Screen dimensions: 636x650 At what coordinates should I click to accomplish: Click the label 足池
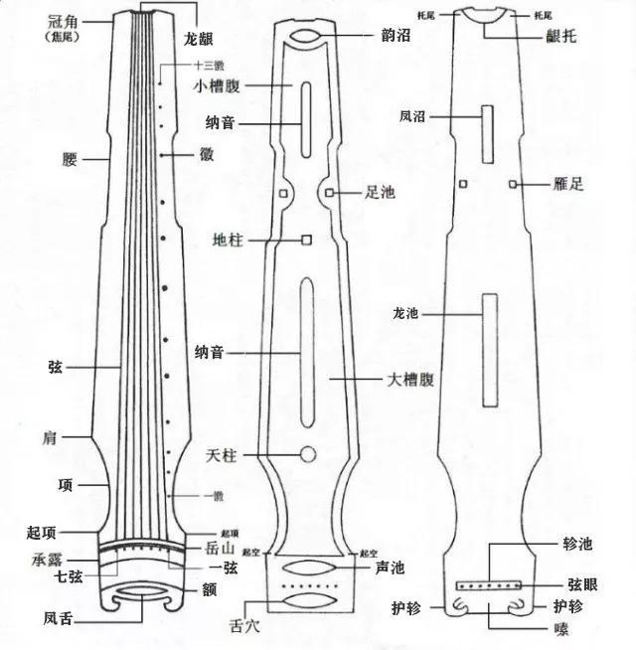[x=381, y=192]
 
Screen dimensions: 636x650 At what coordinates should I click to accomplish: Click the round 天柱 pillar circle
[x=308, y=455]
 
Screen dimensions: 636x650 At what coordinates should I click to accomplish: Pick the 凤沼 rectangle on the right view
[x=487, y=132]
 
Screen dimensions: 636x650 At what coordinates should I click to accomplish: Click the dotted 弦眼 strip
[x=488, y=586]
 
